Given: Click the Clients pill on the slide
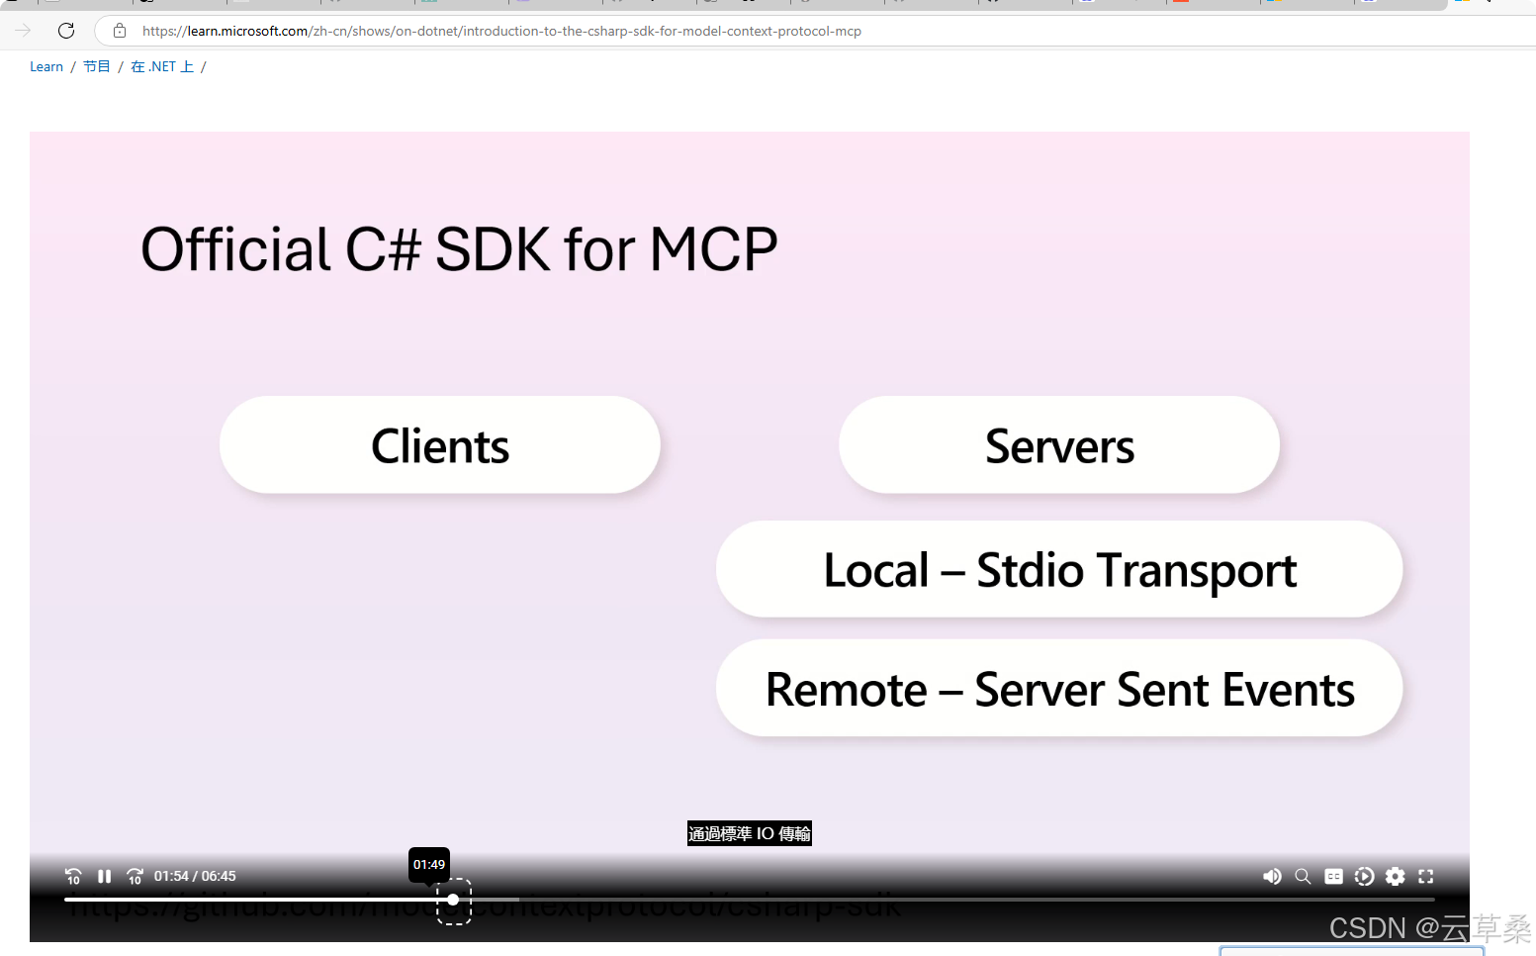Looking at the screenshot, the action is [440, 445].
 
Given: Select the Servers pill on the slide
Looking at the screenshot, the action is [1059, 445].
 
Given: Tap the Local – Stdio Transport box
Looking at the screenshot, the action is [1059, 570].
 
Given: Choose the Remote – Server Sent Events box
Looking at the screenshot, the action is [1059, 689].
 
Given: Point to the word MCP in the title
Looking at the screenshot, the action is [713, 249].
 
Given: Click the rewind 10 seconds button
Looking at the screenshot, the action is [73, 877].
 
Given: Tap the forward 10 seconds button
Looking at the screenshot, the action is [136, 877].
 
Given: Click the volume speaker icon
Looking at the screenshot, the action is [1272, 877].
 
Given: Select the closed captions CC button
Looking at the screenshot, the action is [1333, 877].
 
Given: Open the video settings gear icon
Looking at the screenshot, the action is [1395, 877].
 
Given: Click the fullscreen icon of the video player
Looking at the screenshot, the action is [1425, 877].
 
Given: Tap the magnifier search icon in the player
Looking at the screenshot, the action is [1303, 877].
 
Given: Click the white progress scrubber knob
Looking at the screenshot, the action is [453, 900].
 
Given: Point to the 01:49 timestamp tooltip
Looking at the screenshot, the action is [429, 864].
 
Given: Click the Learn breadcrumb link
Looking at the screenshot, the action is [46, 67].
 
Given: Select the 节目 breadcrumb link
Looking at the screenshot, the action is [96, 67].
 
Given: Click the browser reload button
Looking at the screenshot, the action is [66, 31].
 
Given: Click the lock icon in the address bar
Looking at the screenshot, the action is [120, 31].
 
